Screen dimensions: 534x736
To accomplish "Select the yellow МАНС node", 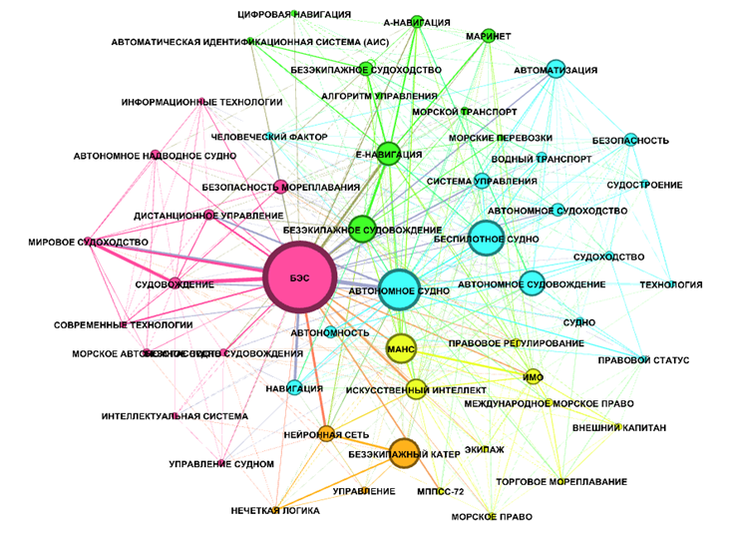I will tap(400, 347).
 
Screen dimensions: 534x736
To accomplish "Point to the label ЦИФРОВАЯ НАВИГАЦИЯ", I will tap(294, 14).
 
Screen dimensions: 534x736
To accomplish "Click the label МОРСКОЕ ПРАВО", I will tap(492, 517).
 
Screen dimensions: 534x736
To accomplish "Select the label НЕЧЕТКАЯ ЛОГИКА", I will tap(275, 510).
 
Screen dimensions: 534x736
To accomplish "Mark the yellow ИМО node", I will tap(533, 376).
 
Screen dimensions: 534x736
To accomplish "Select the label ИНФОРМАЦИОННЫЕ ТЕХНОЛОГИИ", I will tap(202, 102).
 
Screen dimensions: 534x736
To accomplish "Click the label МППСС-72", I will tap(443, 492).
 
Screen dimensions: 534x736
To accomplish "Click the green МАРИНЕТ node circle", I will tap(489, 36).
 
